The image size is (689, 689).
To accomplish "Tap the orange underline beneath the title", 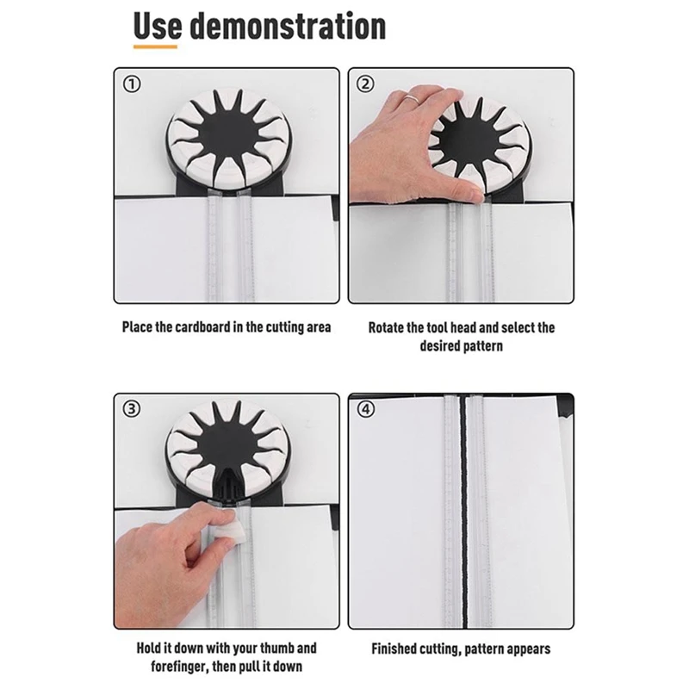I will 155,46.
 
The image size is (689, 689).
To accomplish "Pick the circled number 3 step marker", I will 133,408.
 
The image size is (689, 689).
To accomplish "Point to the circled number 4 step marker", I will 365,408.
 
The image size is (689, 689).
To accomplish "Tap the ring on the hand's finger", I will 414,100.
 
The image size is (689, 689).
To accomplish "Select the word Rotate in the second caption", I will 389,328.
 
